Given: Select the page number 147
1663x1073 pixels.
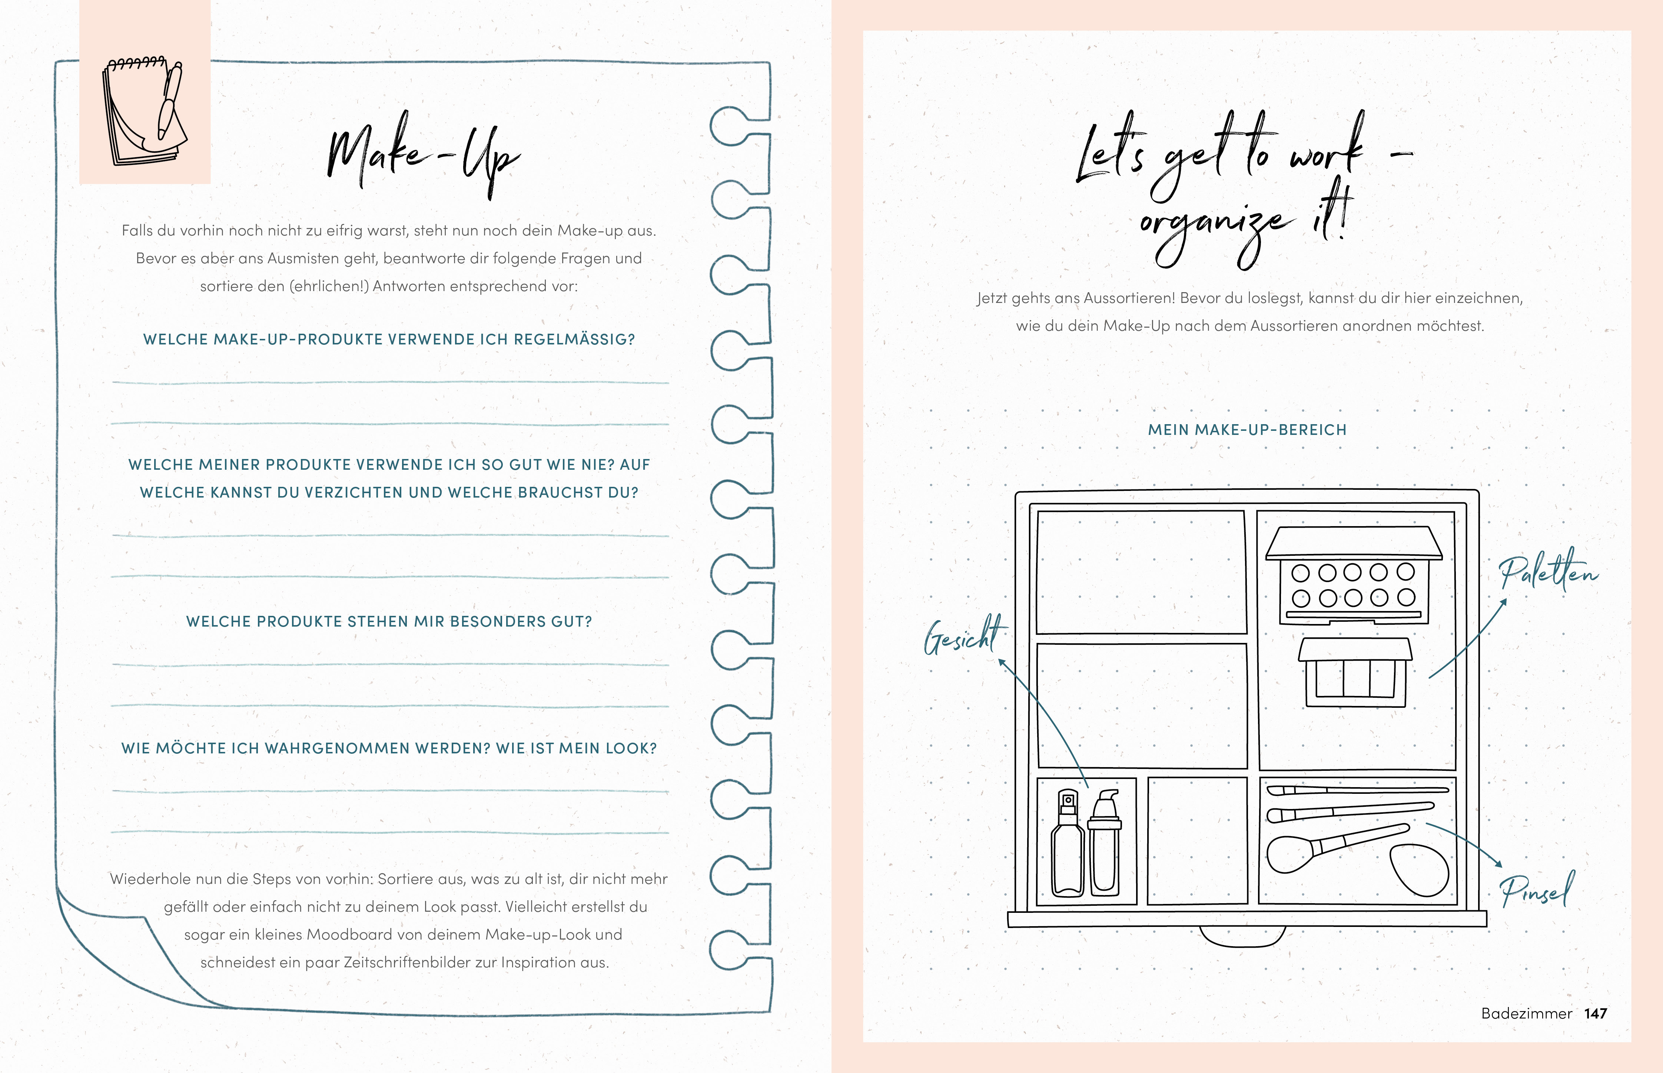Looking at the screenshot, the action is (1596, 1014).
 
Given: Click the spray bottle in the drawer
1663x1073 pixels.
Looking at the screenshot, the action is (1068, 843).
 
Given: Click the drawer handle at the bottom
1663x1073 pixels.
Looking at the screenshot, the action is (1243, 937).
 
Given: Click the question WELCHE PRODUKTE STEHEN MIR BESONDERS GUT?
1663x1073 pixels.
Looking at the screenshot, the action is (389, 621).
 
